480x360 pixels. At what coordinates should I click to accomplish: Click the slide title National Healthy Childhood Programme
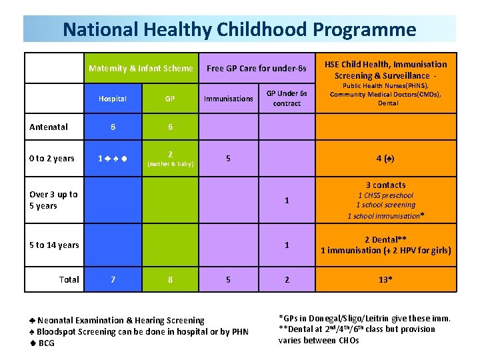click(x=239, y=29)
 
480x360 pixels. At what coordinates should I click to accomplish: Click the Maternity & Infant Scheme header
click(x=141, y=68)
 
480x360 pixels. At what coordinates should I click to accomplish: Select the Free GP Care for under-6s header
click(x=257, y=68)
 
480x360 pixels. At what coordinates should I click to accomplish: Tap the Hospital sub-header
click(x=112, y=99)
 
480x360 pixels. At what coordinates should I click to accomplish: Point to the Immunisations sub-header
click(x=229, y=99)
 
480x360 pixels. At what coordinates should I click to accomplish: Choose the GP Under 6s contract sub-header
click(x=287, y=99)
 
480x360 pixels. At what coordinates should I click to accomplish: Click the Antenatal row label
click(x=48, y=127)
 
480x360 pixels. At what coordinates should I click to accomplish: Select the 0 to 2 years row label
click(x=52, y=158)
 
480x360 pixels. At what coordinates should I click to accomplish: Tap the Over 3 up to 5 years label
click(x=53, y=200)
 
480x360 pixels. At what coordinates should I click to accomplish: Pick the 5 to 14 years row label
click(x=54, y=245)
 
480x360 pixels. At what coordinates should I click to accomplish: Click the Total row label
click(x=69, y=279)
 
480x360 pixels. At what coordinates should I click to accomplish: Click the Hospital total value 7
click(x=113, y=280)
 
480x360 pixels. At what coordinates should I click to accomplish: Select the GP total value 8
click(x=170, y=280)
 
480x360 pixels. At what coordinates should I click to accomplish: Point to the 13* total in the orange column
click(x=385, y=280)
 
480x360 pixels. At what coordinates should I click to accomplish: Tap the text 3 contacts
click(x=385, y=185)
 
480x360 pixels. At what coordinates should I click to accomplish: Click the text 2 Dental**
click(x=385, y=239)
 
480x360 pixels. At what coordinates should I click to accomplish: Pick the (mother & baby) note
click(x=170, y=163)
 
